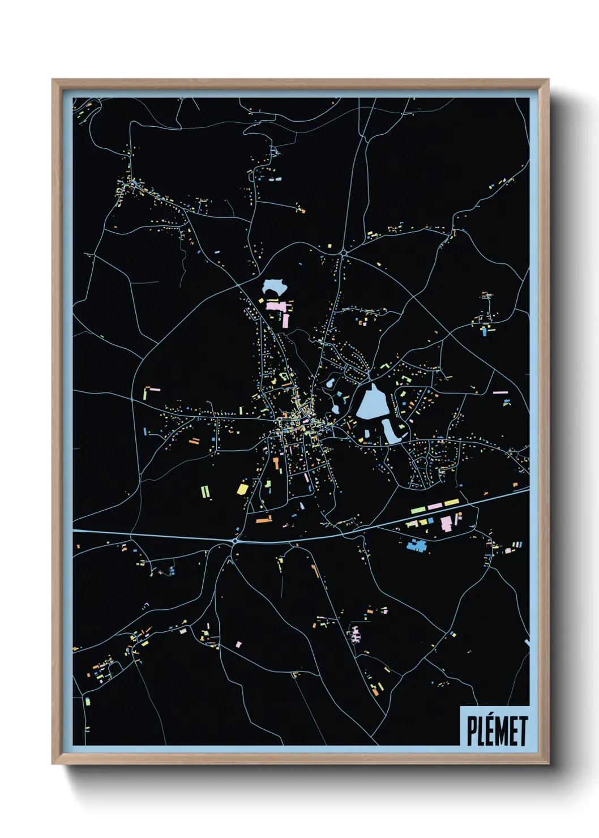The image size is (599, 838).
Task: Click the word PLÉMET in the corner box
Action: [497, 730]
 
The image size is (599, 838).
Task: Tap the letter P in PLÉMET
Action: [472, 731]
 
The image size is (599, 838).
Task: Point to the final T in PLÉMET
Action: [523, 731]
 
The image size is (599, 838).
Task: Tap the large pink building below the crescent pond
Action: [279, 306]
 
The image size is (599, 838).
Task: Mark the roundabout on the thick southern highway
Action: [234, 542]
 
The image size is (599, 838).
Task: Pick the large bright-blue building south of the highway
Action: [417, 545]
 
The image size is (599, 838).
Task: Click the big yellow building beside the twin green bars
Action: [242, 488]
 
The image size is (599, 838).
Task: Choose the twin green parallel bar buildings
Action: [206, 491]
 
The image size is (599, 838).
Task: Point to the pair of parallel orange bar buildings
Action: [194, 441]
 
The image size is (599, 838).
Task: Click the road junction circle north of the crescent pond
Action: [344, 253]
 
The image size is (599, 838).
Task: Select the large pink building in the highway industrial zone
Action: [447, 523]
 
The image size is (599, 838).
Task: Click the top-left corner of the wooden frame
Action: [53, 80]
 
